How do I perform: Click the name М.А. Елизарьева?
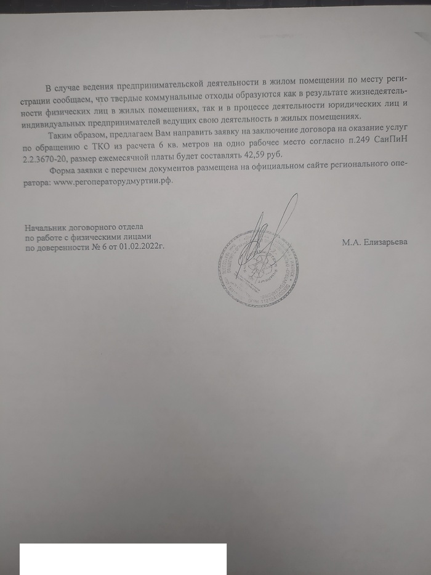pyautogui.click(x=374, y=242)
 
